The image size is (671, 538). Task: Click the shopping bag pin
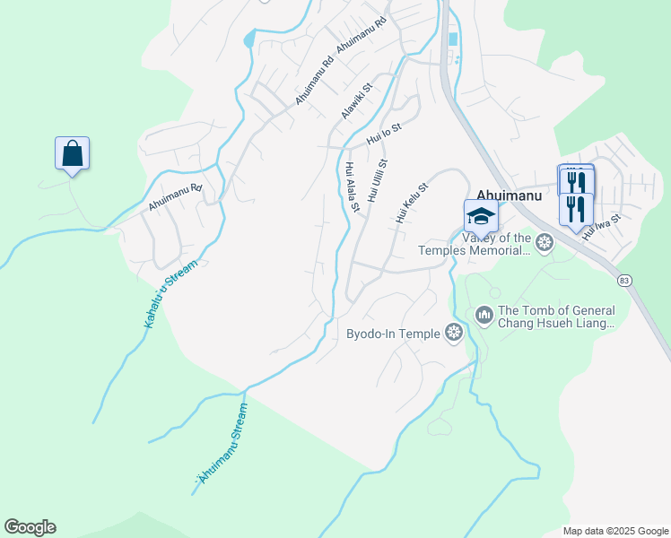[72, 153]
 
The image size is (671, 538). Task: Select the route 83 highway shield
[624, 281]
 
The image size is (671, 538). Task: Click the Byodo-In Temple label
[394, 334]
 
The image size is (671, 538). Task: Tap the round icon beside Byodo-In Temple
[454, 334]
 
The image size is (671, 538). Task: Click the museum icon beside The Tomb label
[484, 314]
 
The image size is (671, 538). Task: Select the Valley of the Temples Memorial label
[497, 244]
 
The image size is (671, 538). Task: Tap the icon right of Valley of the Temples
[544, 242]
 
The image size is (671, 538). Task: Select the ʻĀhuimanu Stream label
[220, 445]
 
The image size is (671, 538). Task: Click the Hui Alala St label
[352, 187]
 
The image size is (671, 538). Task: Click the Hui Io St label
[384, 134]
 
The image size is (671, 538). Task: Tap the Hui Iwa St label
[601, 224]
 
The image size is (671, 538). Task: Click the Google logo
[30, 527]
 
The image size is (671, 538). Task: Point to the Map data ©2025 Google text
[614, 531]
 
